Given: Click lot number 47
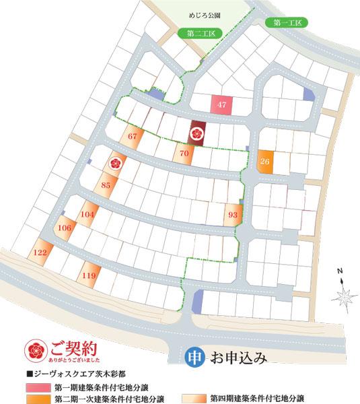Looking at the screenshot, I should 222,104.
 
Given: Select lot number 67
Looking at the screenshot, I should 132,136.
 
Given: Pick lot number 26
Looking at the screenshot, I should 265,162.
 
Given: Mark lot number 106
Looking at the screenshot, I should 65,228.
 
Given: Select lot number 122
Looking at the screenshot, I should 39,252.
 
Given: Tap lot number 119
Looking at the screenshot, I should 89,275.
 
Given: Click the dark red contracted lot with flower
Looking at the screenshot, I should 197,132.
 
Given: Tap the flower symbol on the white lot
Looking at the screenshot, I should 114,162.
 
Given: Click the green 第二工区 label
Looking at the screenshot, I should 196,32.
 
